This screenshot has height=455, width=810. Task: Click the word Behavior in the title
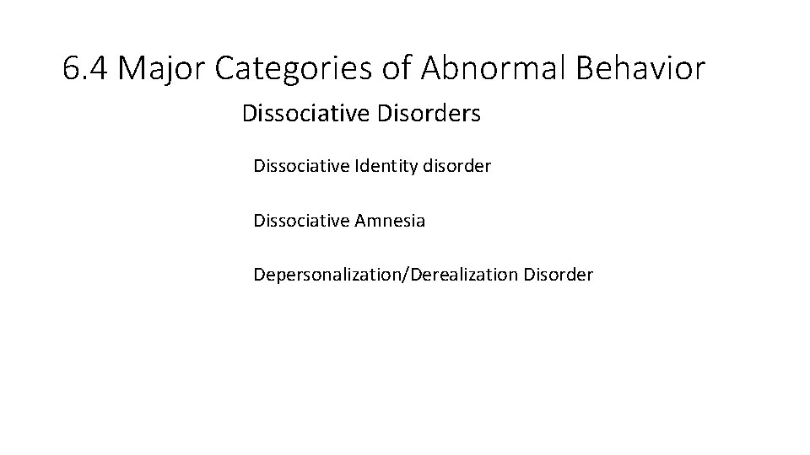coord(641,69)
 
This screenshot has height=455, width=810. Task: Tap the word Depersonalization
coord(330,275)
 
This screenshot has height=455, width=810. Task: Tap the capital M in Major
coord(131,69)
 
